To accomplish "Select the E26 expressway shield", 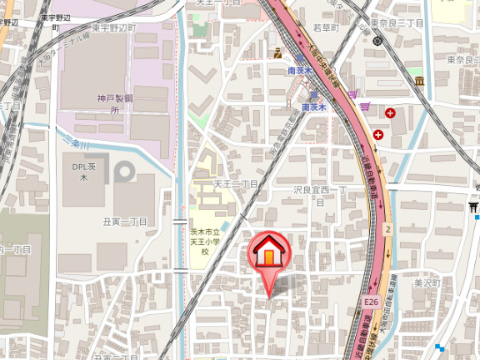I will (x=371, y=302).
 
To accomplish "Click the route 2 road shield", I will (x=387, y=227).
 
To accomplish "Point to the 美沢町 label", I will (x=425, y=283).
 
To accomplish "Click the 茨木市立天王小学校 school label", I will (x=203, y=241).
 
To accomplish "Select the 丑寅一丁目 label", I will (x=125, y=221).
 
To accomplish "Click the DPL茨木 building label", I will (x=84, y=172).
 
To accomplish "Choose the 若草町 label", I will (x=324, y=27).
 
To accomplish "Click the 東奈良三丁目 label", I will (x=397, y=22).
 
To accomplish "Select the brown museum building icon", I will (x=418, y=80).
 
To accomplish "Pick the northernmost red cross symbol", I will (x=390, y=112).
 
